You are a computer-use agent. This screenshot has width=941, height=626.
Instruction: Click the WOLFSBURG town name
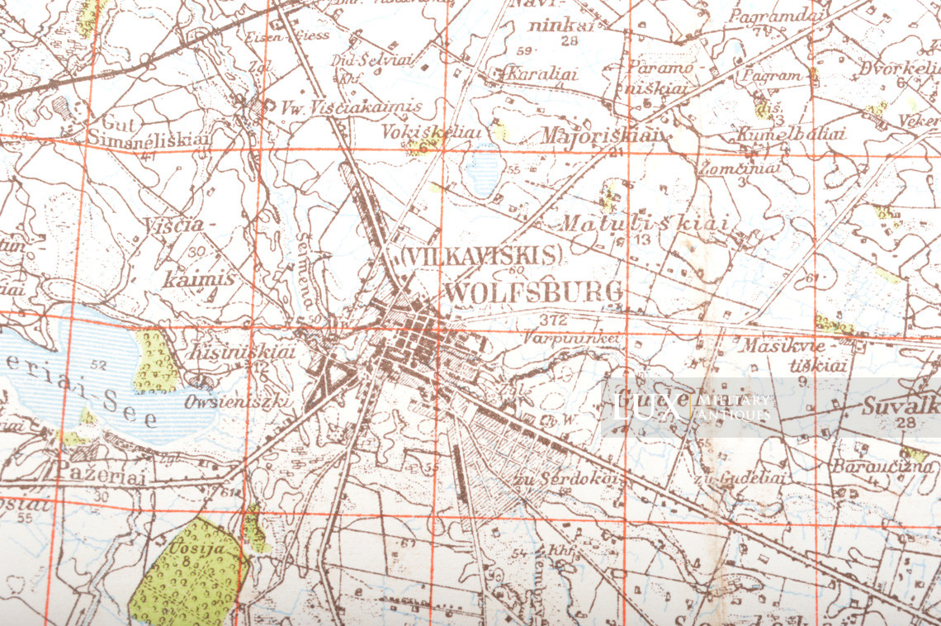[x=533, y=292]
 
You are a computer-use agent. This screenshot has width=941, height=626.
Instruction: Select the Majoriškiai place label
[x=596, y=135]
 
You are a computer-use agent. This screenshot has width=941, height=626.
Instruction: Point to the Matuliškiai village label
[x=645, y=224]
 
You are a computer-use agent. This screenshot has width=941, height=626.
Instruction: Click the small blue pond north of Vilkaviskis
[x=483, y=169]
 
